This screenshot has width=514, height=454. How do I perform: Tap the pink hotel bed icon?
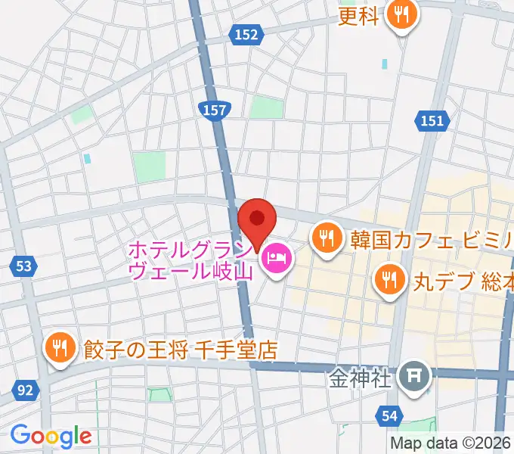click(x=276, y=260)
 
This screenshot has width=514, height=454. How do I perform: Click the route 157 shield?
click(x=215, y=110)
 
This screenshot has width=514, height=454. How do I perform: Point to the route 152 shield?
click(x=246, y=34)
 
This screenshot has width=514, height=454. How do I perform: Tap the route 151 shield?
click(x=432, y=120)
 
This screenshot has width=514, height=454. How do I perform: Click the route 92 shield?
click(x=25, y=390)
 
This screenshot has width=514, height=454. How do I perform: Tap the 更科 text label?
click(x=358, y=16)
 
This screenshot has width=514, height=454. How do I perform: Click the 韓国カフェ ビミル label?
click(x=431, y=240)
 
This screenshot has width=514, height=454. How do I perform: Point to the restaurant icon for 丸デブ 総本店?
click(x=389, y=281)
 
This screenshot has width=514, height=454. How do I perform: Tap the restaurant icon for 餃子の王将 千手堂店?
click(x=59, y=349)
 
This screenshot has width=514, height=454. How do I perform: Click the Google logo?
click(x=51, y=435)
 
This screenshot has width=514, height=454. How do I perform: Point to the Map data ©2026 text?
click(x=451, y=443)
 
